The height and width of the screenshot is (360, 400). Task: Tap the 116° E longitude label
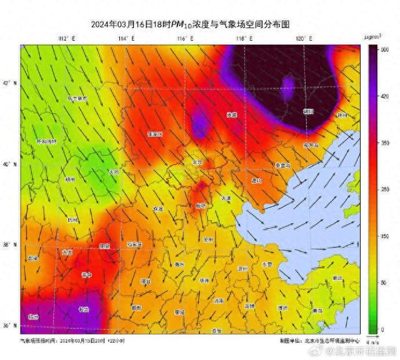tap(186, 39)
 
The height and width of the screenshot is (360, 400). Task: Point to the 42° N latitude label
tap(9, 83)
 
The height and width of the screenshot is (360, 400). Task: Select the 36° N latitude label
tap(9, 326)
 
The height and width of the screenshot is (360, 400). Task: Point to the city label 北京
tap(197, 162)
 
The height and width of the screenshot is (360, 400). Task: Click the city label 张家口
tap(155, 134)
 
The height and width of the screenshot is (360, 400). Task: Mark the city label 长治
tap(83, 309)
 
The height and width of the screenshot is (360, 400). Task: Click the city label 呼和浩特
tap(47, 141)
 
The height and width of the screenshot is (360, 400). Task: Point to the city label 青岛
tap(317, 310)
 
